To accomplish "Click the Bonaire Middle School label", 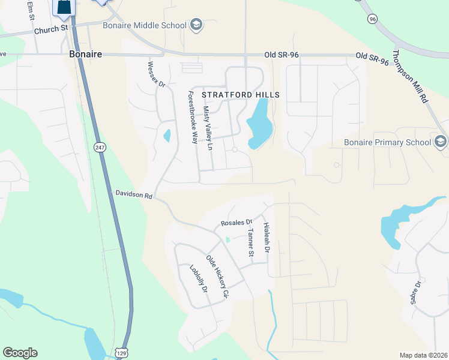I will (152, 25).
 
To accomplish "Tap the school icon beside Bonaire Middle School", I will (196, 25).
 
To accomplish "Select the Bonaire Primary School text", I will (387, 142).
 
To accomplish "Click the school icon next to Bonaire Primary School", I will (441, 142).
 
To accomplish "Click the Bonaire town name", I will (85, 54).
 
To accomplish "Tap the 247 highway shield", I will (99, 146).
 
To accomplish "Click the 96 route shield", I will (373, 19).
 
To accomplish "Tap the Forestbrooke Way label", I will (193, 117).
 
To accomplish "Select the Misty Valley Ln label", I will (208, 128).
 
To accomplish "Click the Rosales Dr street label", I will (240, 222).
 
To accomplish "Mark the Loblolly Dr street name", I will (198, 279).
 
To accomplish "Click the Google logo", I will (20, 353).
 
